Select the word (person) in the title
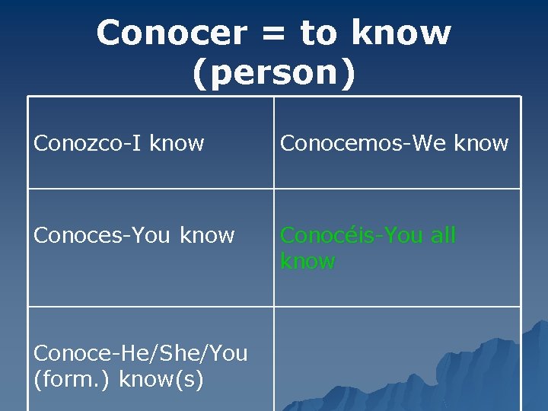pos(274,74)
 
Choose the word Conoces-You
pos(104,235)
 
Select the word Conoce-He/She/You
pos(141,353)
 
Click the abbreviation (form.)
pos(71,379)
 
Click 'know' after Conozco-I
pos(177,142)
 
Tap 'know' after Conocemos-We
pos(481,142)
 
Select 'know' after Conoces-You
pos(207,235)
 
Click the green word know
pos(307,261)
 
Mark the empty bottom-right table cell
pos(397,358)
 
